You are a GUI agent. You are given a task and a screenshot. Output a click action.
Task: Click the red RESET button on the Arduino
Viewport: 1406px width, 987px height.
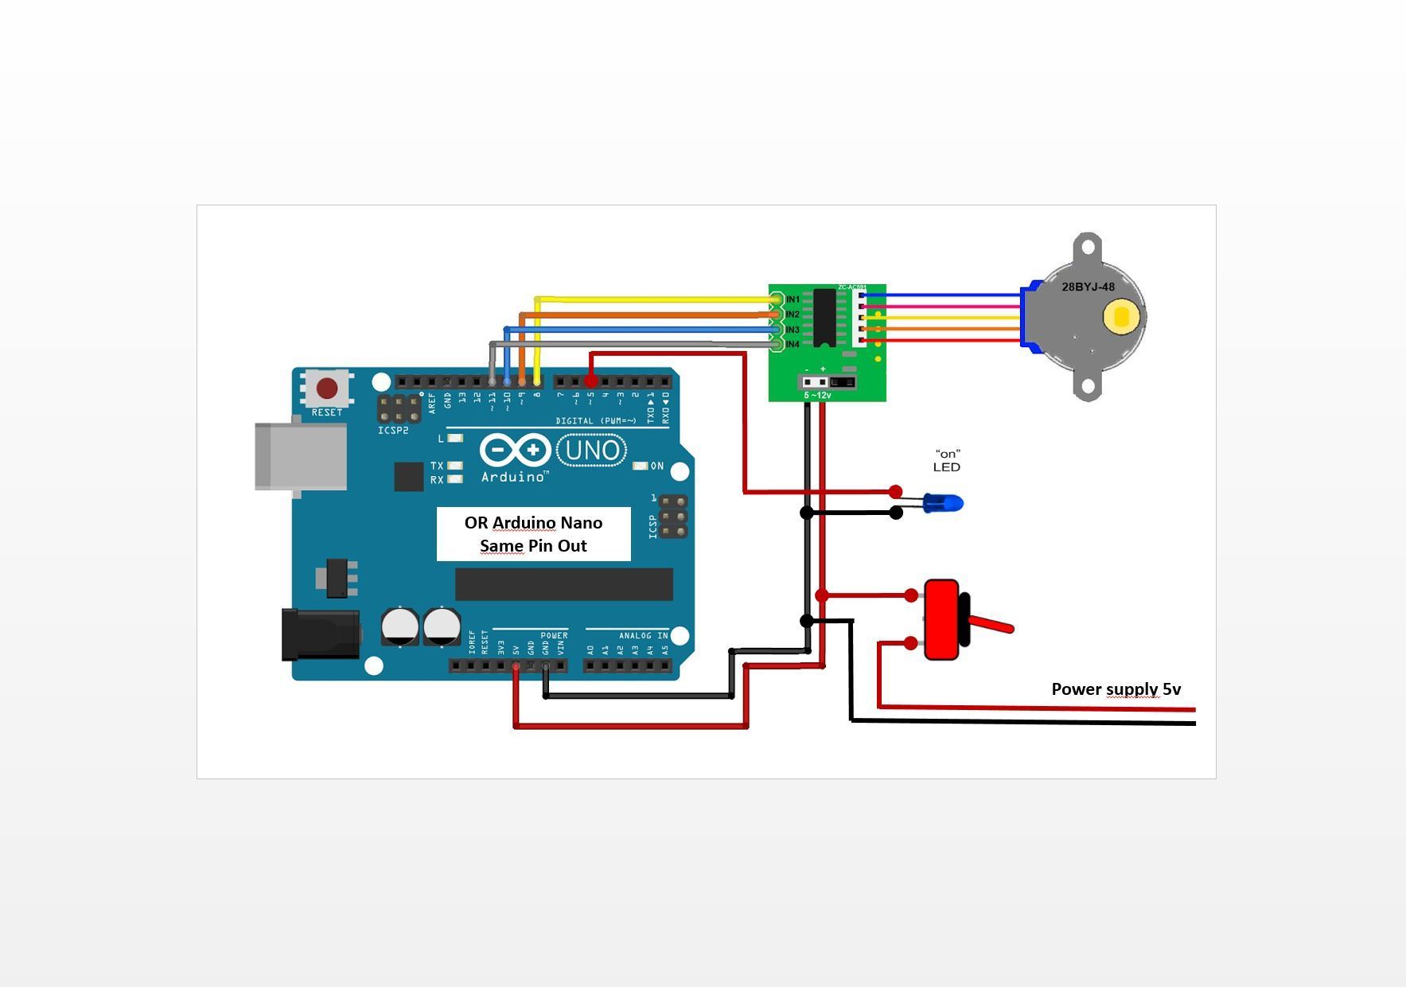pyautogui.click(x=327, y=388)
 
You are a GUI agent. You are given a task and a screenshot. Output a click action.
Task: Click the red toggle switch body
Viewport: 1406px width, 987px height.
pyautogui.click(x=942, y=619)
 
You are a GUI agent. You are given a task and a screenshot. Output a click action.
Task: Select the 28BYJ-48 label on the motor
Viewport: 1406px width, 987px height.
pyautogui.click(x=1088, y=287)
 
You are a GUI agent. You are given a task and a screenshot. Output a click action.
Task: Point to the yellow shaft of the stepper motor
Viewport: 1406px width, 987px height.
pyautogui.click(x=1121, y=317)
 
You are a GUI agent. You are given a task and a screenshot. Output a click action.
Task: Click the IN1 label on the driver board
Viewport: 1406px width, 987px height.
pyautogui.click(x=793, y=300)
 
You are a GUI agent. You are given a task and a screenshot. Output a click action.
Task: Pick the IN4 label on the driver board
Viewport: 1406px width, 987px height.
pyautogui.click(x=793, y=345)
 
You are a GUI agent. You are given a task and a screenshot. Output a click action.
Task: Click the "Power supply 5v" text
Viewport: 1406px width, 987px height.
pyautogui.click(x=1116, y=689)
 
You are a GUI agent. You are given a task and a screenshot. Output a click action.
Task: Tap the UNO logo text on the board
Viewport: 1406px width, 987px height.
pyautogui.click(x=592, y=451)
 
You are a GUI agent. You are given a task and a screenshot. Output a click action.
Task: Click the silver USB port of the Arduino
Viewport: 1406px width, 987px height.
pyautogui.click(x=301, y=456)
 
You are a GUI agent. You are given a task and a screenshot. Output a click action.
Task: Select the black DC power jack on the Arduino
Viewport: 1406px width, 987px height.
pyautogui.click(x=320, y=634)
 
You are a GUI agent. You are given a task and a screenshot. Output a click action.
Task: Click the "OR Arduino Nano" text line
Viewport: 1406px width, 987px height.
pyautogui.click(x=533, y=523)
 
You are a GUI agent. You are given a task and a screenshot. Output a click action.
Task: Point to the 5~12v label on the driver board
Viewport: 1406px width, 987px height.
pyautogui.click(x=817, y=395)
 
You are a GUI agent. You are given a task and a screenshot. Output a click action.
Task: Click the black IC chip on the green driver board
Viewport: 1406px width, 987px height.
pyautogui.click(x=824, y=318)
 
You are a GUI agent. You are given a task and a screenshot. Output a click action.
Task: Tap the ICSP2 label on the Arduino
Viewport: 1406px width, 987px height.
pyautogui.click(x=393, y=431)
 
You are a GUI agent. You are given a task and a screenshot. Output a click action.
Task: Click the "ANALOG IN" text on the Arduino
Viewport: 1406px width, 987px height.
pyautogui.click(x=643, y=635)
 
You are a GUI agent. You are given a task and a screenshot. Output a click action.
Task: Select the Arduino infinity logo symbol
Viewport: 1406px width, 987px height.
pyautogui.click(x=515, y=451)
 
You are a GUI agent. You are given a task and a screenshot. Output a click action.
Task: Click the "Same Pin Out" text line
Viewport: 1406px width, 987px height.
pyautogui.click(x=533, y=546)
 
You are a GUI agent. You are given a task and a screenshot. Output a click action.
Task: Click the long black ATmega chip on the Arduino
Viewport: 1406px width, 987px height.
pyautogui.click(x=563, y=584)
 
